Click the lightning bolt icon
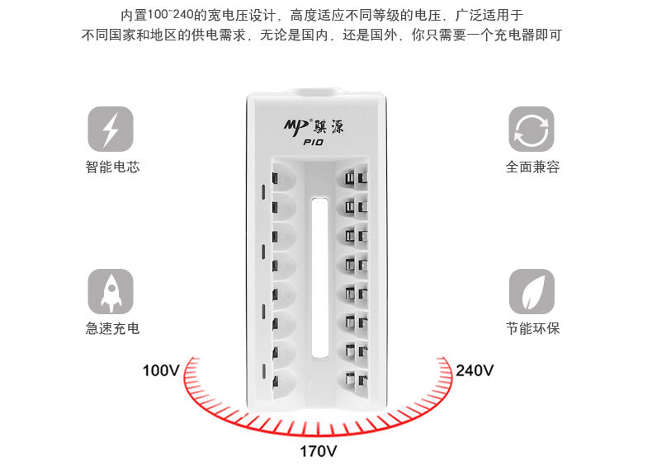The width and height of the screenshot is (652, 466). [111, 129]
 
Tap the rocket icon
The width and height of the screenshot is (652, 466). [111, 290]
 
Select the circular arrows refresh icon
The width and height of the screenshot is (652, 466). [531, 129]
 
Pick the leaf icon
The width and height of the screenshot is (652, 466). [531, 290]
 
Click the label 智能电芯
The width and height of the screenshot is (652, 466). [112, 167]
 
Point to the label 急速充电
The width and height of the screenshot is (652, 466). [112, 328]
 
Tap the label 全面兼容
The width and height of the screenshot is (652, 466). [532, 167]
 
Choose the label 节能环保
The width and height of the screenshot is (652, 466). [532, 328]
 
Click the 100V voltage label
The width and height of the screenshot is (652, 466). [161, 370]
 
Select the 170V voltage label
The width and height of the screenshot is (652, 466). [318, 452]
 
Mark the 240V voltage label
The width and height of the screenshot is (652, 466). [475, 370]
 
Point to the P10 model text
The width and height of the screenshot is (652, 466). [313, 143]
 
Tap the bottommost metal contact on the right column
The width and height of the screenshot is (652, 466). [356, 382]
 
